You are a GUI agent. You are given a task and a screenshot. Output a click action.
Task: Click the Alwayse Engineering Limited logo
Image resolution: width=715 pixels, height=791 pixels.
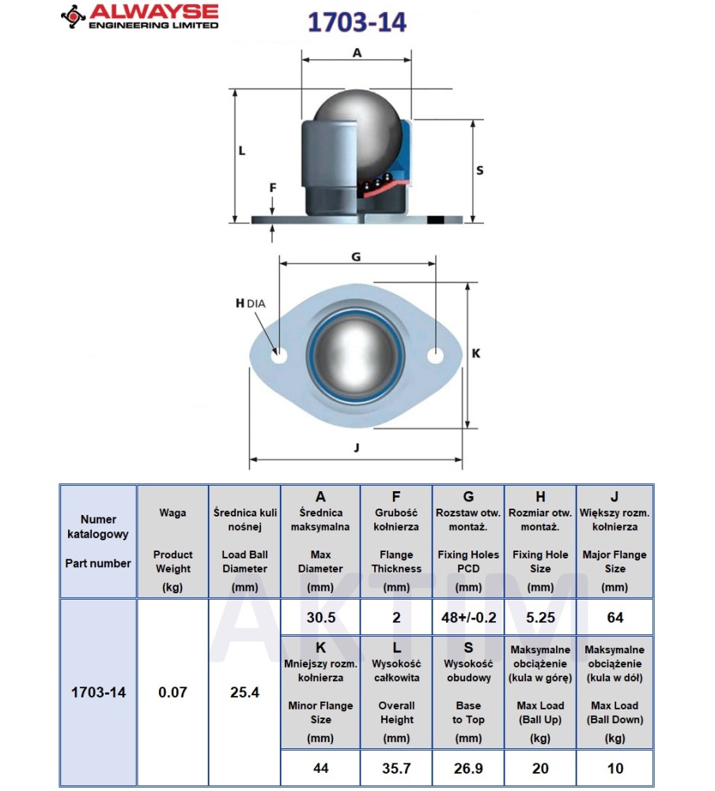(x=139, y=16)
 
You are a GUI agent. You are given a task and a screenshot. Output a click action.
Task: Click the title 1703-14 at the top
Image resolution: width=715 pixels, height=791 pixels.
(x=356, y=23)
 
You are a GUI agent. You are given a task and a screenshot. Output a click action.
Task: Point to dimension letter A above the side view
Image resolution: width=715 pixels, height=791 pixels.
(x=356, y=53)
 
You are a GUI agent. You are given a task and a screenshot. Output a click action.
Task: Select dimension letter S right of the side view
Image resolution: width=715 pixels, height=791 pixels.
(x=479, y=170)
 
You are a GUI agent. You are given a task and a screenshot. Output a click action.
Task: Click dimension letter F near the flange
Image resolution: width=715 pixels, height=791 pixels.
(x=272, y=188)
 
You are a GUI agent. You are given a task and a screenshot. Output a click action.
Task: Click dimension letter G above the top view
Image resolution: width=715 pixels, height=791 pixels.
(x=356, y=257)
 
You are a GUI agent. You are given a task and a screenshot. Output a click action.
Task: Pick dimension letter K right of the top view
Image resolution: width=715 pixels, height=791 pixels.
(x=475, y=354)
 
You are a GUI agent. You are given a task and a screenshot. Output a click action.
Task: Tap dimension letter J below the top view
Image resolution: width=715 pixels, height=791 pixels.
(x=356, y=448)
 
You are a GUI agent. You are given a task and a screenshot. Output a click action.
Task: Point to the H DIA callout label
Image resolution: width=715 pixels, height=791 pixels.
(x=249, y=303)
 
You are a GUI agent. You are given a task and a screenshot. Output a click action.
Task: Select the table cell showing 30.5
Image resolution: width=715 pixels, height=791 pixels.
(x=320, y=618)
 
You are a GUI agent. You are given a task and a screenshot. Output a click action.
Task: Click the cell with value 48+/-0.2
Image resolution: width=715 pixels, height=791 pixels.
(x=468, y=618)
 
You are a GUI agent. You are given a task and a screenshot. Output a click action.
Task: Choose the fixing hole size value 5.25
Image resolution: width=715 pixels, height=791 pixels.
(x=540, y=618)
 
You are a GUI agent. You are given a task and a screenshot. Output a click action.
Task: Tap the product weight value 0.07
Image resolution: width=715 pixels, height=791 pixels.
(x=172, y=692)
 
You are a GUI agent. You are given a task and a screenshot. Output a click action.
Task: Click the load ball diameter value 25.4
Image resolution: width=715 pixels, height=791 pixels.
(x=244, y=692)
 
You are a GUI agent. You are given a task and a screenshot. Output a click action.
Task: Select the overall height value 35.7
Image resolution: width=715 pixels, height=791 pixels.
(x=396, y=767)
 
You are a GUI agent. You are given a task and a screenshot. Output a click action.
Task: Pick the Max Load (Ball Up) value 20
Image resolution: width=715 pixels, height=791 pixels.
(x=540, y=767)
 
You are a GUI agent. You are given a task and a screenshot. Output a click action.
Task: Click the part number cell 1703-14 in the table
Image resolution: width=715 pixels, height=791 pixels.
(x=98, y=692)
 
